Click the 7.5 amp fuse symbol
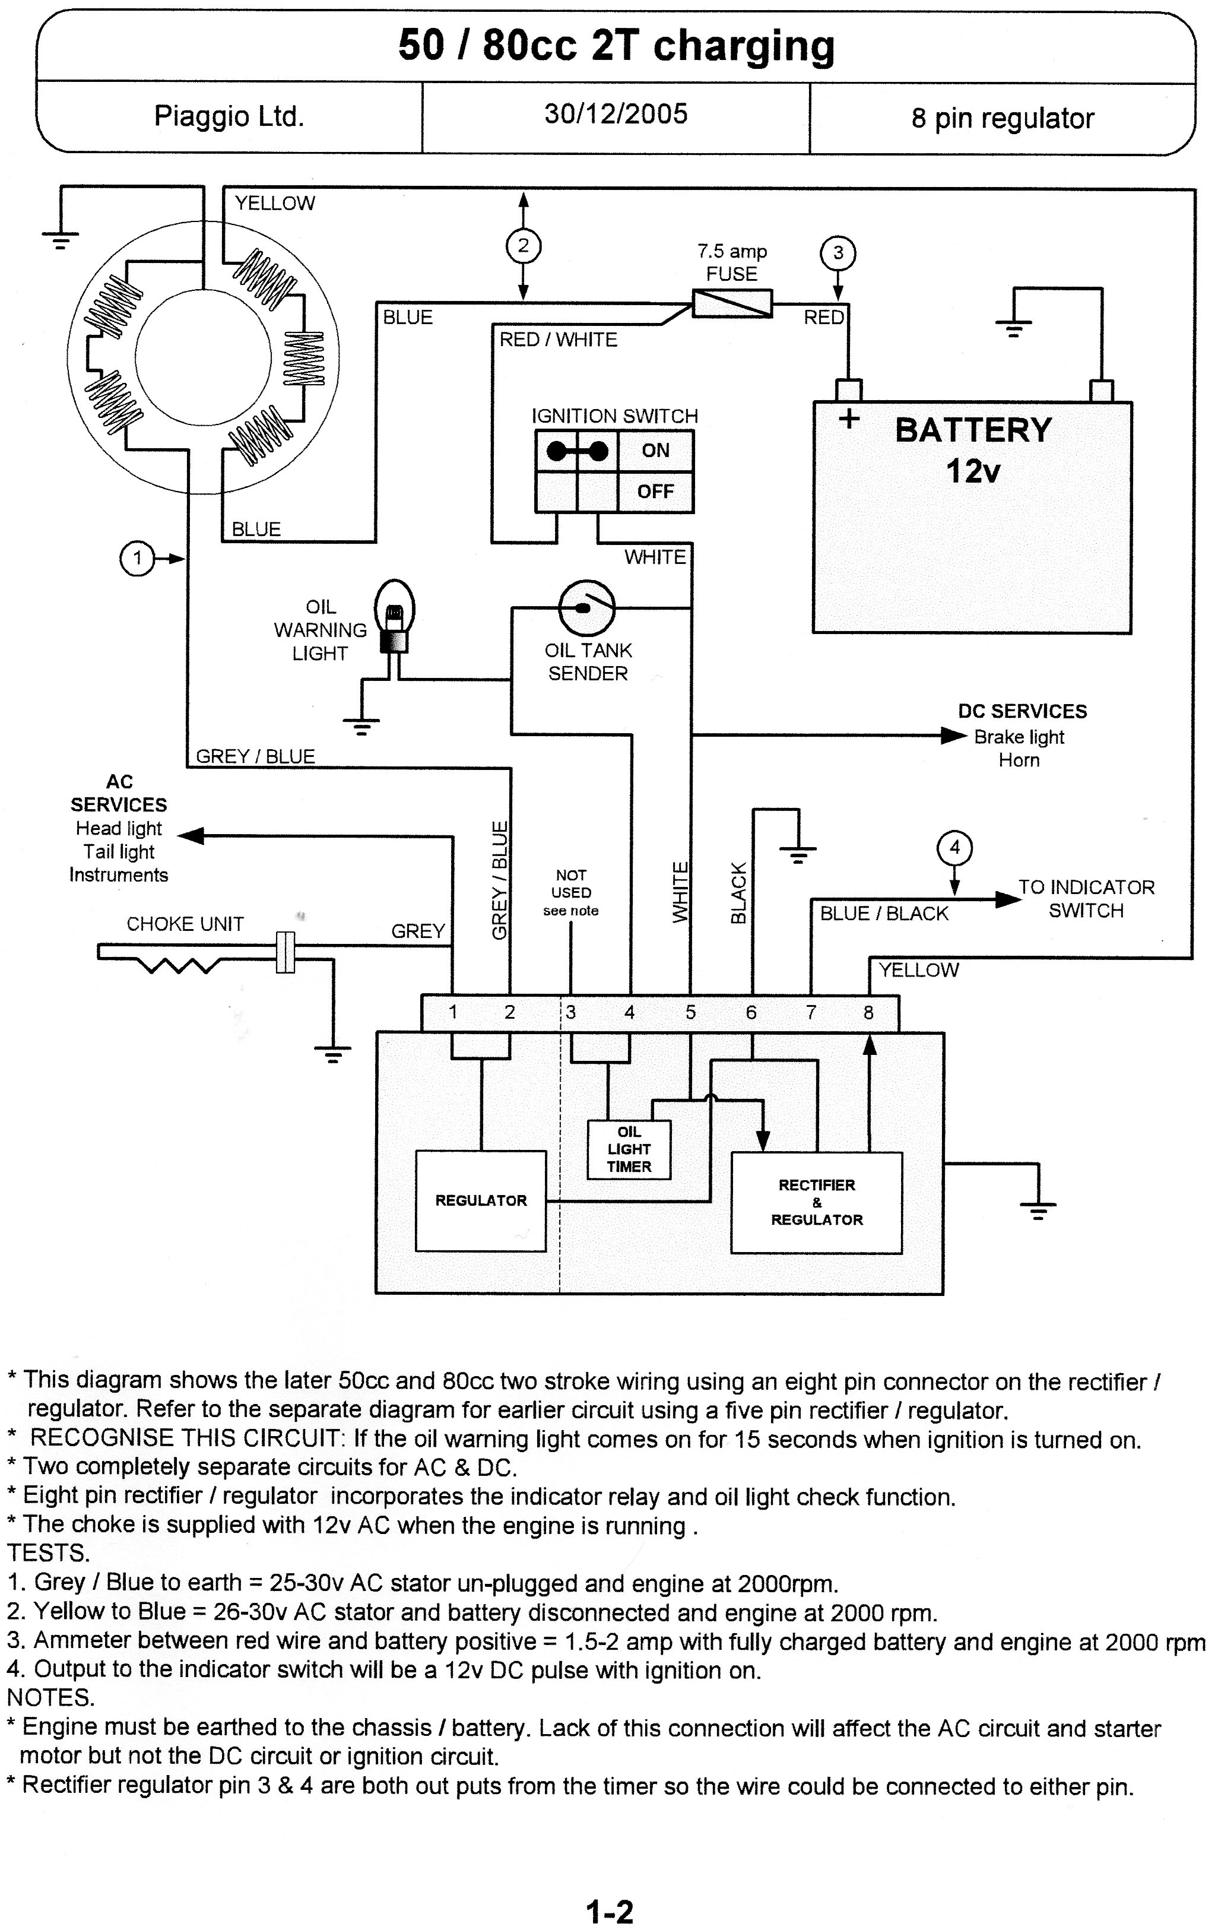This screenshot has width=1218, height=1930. [x=732, y=304]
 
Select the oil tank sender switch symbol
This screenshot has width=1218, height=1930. [x=586, y=607]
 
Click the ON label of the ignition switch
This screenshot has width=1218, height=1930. [x=655, y=451]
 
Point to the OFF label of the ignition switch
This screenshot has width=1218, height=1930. [x=655, y=492]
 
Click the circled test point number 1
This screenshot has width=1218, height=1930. [x=137, y=558]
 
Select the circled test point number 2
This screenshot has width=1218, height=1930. [x=524, y=245]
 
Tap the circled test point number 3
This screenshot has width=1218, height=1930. [x=838, y=253]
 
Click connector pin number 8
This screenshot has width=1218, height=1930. [x=868, y=1012]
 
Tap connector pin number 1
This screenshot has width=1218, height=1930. [x=453, y=1012]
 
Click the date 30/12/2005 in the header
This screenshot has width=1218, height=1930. [x=616, y=114]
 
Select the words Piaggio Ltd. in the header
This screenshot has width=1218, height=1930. [x=229, y=117]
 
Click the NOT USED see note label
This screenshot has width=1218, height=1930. [x=570, y=892]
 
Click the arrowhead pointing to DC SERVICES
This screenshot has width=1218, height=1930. [x=953, y=735]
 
